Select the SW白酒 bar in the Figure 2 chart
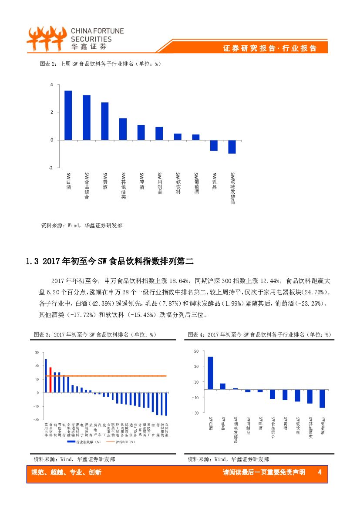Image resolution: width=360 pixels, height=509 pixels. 68,115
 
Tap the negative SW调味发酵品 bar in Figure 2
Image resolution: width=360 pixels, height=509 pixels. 232,147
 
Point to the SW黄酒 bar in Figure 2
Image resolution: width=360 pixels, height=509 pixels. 105,121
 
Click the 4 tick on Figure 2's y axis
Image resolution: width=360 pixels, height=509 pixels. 51,84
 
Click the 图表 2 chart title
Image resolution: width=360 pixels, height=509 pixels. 100,64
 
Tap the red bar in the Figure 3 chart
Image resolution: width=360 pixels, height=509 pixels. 50,380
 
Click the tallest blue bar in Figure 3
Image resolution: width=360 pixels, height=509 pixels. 46,376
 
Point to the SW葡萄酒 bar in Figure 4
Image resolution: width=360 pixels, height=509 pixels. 322,398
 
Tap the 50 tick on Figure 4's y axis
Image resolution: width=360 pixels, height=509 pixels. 196,351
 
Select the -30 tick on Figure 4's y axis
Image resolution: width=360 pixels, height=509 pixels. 195,413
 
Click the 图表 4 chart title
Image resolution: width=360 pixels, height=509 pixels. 259,334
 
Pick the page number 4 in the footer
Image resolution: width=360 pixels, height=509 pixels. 320,472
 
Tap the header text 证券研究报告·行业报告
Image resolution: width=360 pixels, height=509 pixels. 270,48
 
